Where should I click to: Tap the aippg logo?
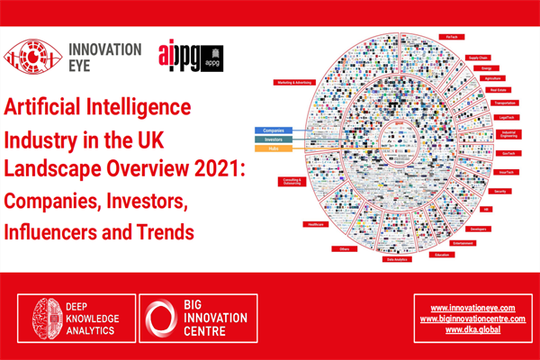coord(190,55)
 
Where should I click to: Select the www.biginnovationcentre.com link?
coord(472,319)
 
